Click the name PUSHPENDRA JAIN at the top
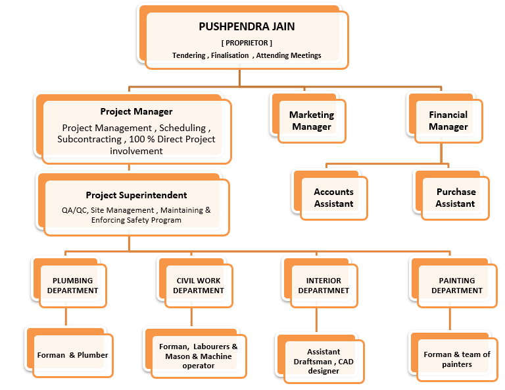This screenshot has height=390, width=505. (247, 26)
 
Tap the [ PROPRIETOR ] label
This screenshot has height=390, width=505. (247, 43)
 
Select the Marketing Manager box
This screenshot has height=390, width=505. (308, 118)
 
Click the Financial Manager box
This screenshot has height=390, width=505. (445, 118)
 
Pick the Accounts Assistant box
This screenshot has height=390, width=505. (330, 195)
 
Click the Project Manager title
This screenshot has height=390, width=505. (136, 111)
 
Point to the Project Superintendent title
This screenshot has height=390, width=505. (136, 195)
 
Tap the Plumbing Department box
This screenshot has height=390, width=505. (69, 282)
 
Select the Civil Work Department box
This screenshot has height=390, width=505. (195, 282)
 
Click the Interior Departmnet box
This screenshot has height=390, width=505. (320, 282)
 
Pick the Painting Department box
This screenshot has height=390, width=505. (454, 282)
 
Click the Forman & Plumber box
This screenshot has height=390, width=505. (69, 352)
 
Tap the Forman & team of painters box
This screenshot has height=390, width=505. (454, 356)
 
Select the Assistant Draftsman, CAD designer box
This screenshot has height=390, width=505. (320, 358)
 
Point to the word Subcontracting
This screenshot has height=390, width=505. (89, 140)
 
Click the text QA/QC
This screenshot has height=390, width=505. (74, 210)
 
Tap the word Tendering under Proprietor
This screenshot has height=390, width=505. (189, 55)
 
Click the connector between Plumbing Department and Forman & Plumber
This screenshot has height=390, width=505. (66, 317)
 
